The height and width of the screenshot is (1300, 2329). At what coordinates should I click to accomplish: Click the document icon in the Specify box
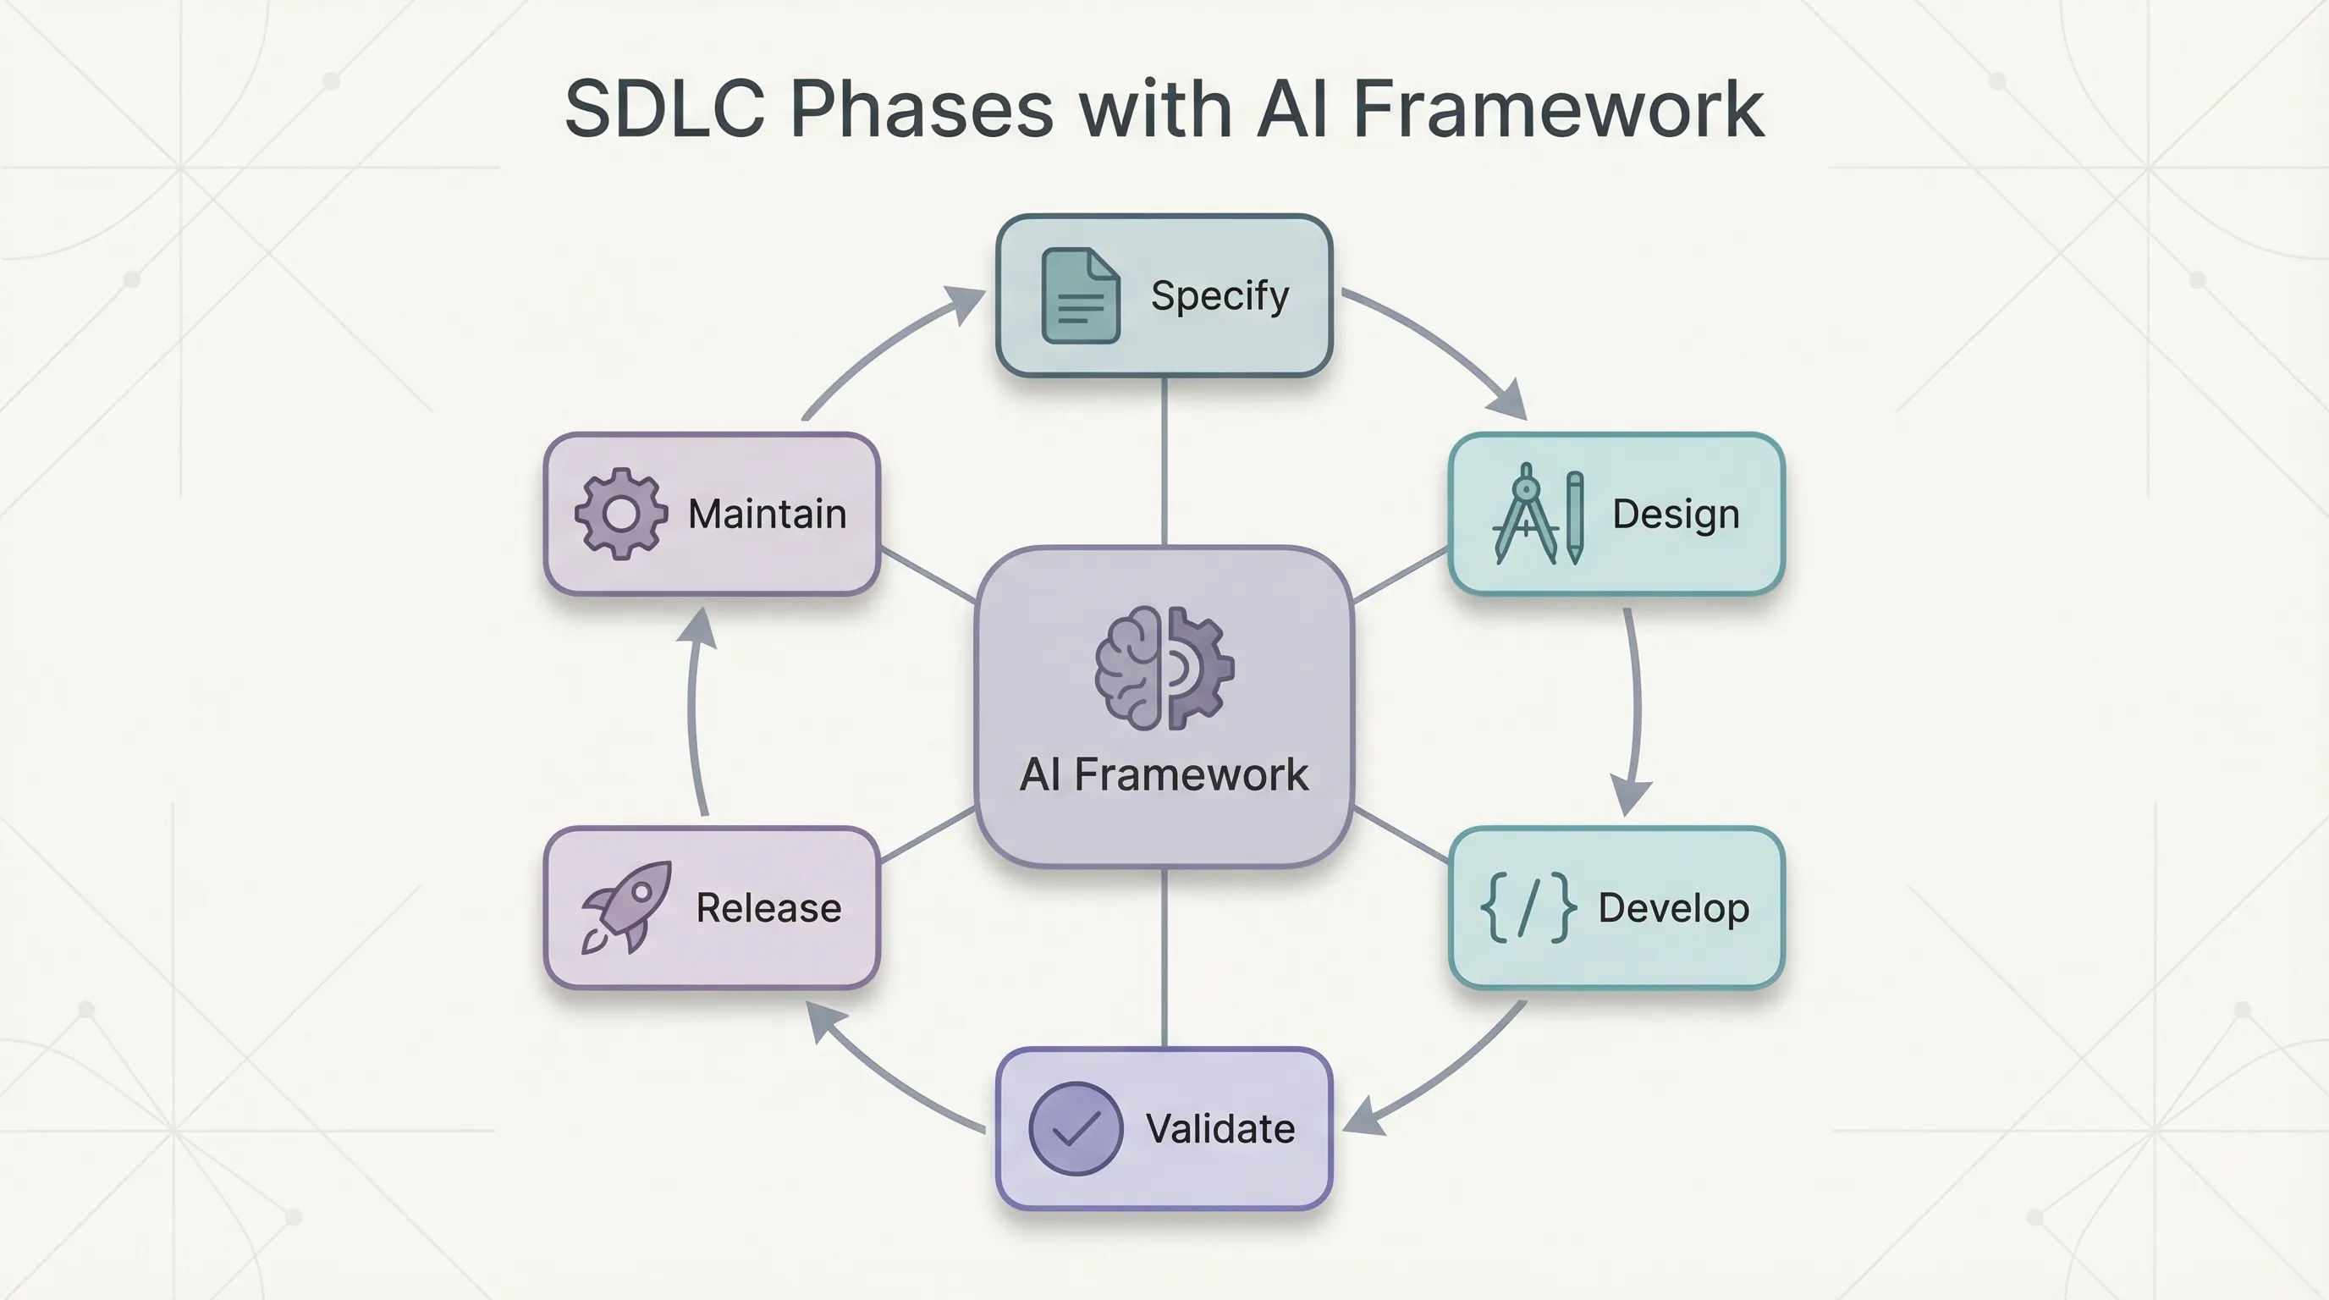click(x=1081, y=295)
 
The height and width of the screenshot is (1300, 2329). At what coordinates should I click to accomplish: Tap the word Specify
click(x=1220, y=295)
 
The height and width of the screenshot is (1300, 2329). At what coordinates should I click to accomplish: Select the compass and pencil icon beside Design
click(x=1538, y=514)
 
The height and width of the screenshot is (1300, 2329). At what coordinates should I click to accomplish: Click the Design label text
click(x=1676, y=514)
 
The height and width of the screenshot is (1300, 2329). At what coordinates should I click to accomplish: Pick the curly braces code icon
click(x=1528, y=907)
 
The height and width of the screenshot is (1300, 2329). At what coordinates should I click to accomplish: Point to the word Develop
click(x=1673, y=907)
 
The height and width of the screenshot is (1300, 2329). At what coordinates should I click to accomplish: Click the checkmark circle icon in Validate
click(x=1075, y=1128)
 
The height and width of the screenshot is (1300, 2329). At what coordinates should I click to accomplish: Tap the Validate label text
click(x=1220, y=1128)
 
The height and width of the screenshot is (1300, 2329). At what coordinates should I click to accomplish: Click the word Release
click(x=768, y=907)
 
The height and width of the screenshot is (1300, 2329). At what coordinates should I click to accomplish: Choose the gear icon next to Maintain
click(x=621, y=514)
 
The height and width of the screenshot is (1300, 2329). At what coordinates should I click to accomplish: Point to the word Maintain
click(x=767, y=514)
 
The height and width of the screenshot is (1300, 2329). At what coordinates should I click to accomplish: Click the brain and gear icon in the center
click(x=1164, y=668)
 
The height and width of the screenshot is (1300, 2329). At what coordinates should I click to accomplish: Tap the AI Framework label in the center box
click(x=1164, y=774)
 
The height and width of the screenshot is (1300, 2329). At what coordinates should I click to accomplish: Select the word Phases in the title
click(x=922, y=108)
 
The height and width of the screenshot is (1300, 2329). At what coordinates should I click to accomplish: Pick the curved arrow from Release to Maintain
click(x=692, y=714)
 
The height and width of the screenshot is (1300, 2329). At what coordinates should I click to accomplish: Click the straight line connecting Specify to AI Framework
click(x=1164, y=461)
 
